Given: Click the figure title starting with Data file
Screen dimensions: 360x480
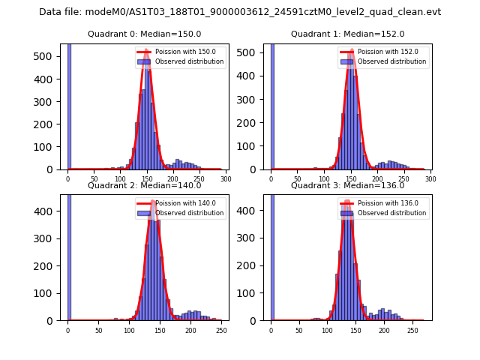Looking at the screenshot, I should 240,12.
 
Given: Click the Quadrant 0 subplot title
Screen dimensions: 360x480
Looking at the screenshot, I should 145,34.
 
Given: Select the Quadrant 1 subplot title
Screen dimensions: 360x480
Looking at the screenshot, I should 348,34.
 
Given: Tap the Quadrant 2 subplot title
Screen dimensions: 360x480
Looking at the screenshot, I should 145,185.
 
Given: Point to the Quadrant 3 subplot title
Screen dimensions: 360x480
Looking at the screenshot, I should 348,185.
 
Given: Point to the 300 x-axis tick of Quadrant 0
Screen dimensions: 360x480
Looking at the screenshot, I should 225,179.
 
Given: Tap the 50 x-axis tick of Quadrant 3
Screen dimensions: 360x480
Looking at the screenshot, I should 299,330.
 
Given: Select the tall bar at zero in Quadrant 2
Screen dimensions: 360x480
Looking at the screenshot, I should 68,257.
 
